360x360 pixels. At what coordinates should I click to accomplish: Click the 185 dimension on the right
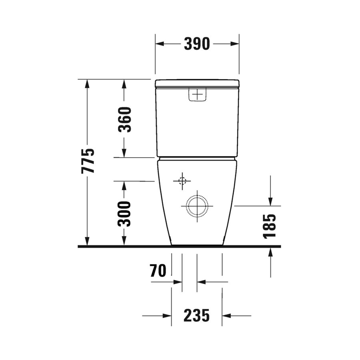coord(270,226)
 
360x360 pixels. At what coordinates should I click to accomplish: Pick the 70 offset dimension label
coord(158,271)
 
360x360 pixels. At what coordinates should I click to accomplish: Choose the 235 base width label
coord(197,316)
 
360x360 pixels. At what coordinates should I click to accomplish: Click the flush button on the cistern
coord(198,95)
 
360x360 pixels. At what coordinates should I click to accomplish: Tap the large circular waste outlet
coord(197,206)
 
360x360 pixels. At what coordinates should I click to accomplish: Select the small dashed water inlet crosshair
coord(182,181)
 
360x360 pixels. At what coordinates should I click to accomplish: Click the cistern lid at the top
coord(197,83)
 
